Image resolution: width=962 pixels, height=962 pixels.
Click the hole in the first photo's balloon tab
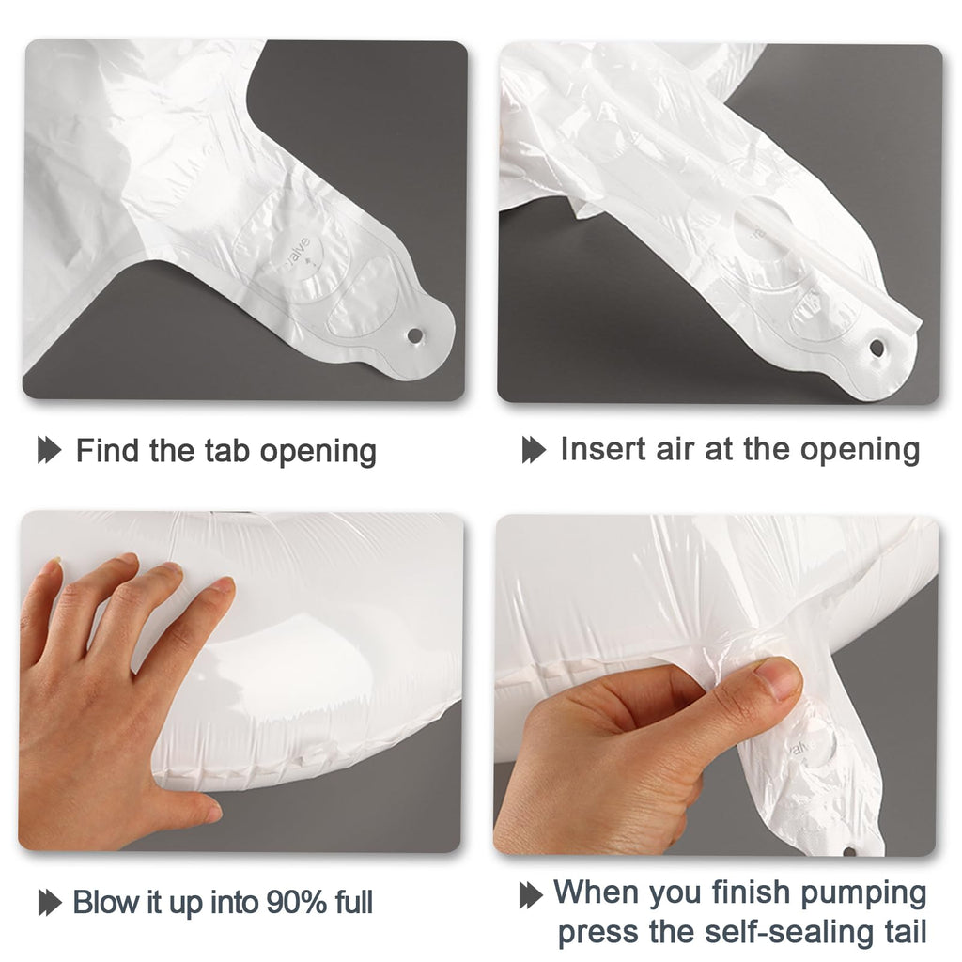tap(414, 336)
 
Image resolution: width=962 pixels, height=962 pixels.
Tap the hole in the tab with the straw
tap(877, 349)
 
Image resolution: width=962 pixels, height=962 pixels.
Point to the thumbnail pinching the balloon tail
tap(778, 678)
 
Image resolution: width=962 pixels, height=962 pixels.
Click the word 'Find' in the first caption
tap(107, 450)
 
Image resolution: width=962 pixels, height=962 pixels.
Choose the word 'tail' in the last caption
tap(906, 931)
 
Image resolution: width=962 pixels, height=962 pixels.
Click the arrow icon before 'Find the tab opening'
tap(50, 450)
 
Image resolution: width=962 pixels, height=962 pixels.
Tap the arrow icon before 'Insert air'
tap(534, 450)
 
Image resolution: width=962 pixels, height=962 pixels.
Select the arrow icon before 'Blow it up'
tap(50, 903)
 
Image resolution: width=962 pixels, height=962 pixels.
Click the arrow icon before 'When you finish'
tap(532, 895)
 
